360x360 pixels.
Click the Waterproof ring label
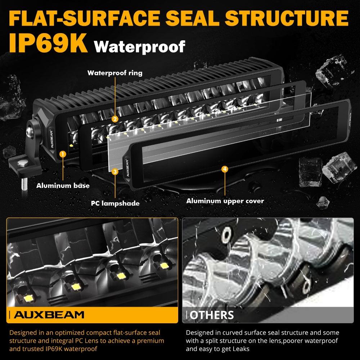[115, 73]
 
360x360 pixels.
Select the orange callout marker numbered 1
[62, 154]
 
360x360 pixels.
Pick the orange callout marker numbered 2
[115, 119]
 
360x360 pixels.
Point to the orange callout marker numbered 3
[115, 172]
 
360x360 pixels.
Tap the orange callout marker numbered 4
[225, 169]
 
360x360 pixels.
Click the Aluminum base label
[63, 186]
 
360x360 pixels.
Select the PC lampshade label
[115, 203]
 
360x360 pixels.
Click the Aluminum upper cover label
[225, 201]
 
